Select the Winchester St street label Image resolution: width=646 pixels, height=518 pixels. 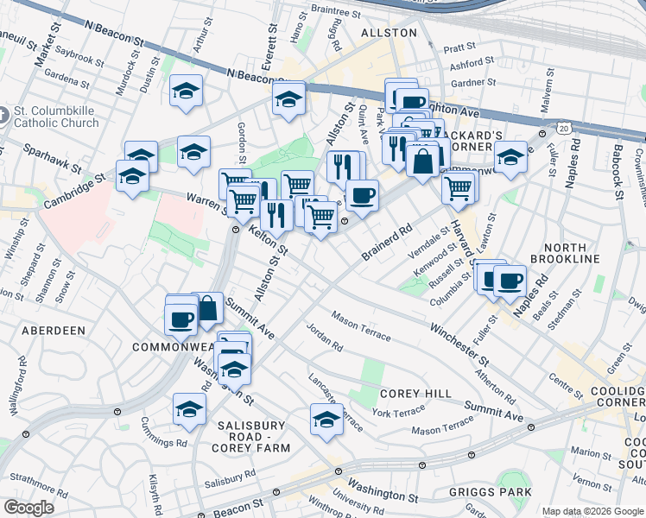[459, 343]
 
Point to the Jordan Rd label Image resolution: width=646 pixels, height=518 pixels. [325, 338]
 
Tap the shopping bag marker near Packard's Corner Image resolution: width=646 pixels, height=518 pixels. [423, 161]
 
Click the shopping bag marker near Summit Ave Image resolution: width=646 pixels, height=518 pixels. [208, 308]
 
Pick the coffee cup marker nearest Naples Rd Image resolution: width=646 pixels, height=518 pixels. [510, 281]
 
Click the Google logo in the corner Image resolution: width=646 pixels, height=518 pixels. [28, 508]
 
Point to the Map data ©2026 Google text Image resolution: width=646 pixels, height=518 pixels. [592, 511]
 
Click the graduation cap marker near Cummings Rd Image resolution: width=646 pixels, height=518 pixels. [189, 410]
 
